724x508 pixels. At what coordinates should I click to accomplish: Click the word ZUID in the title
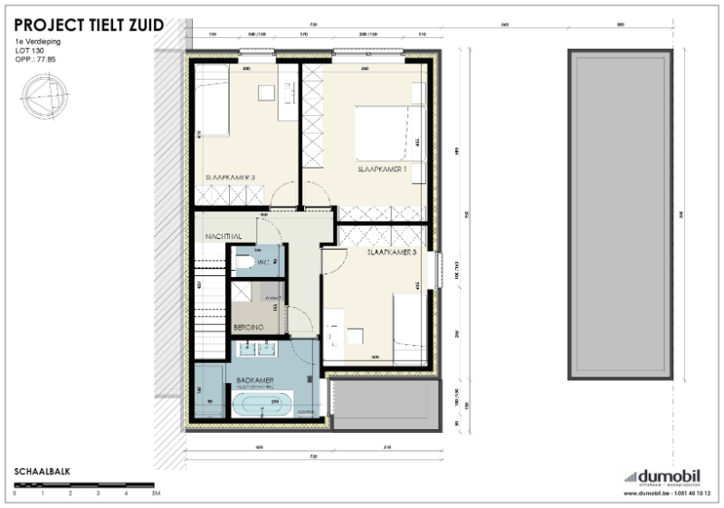point(142,14)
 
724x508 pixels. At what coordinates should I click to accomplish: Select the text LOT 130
point(31,51)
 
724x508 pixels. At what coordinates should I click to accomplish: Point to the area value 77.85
point(46,60)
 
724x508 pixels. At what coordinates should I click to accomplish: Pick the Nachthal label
point(222,235)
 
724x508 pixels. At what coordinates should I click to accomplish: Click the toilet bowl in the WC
point(243,263)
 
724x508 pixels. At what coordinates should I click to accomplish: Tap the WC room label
point(263,263)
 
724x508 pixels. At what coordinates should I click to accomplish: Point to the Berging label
point(248,326)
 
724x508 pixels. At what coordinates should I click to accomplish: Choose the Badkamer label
point(250,380)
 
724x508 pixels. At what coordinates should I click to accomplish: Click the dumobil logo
point(666,476)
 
